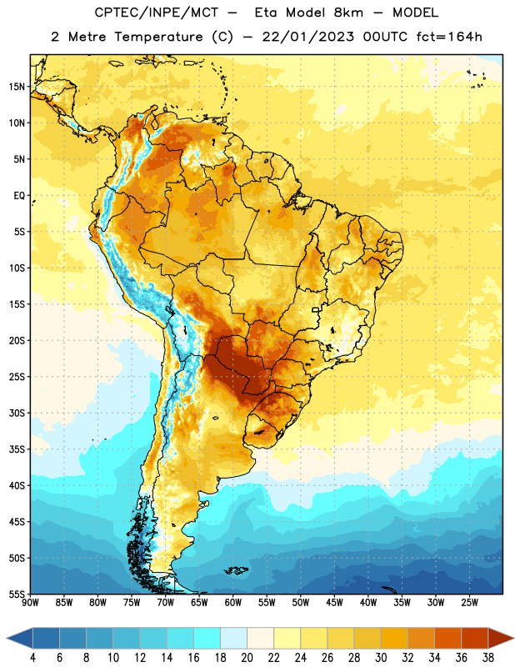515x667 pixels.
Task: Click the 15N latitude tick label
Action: coord(17,87)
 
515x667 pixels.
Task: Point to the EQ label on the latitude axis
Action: coord(19,196)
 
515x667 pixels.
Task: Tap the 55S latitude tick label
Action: coord(17,594)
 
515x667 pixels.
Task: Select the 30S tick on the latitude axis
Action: coord(17,413)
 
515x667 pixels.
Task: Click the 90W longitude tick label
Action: coord(30,603)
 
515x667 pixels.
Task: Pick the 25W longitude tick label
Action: coord(469,603)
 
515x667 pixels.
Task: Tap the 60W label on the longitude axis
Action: coord(233,603)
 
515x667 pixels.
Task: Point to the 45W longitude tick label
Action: coord(335,603)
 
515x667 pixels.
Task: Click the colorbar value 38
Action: coord(488,658)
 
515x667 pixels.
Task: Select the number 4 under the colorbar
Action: coord(32,658)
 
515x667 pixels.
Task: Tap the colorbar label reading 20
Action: coord(247,658)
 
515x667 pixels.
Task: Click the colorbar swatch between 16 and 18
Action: coord(207,638)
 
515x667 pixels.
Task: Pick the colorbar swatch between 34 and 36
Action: coord(448,638)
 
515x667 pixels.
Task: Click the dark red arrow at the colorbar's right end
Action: coord(500,638)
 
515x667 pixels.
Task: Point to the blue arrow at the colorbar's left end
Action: coord(20,638)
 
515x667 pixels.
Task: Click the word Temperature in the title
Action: coord(158,37)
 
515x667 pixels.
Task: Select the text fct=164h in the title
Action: coord(449,37)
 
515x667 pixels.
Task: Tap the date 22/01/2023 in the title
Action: coord(308,37)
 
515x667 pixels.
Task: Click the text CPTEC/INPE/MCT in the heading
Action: coord(157,13)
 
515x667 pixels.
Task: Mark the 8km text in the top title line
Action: coord(348,13)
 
